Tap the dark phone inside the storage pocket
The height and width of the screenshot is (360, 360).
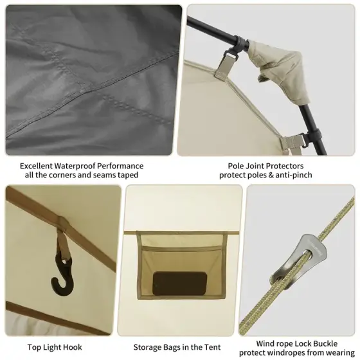click(180, 283)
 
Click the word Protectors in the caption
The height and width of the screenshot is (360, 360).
click(284, 166)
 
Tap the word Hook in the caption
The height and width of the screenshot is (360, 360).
click(74, 347)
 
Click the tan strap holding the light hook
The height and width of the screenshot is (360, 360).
click(62, 242)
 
